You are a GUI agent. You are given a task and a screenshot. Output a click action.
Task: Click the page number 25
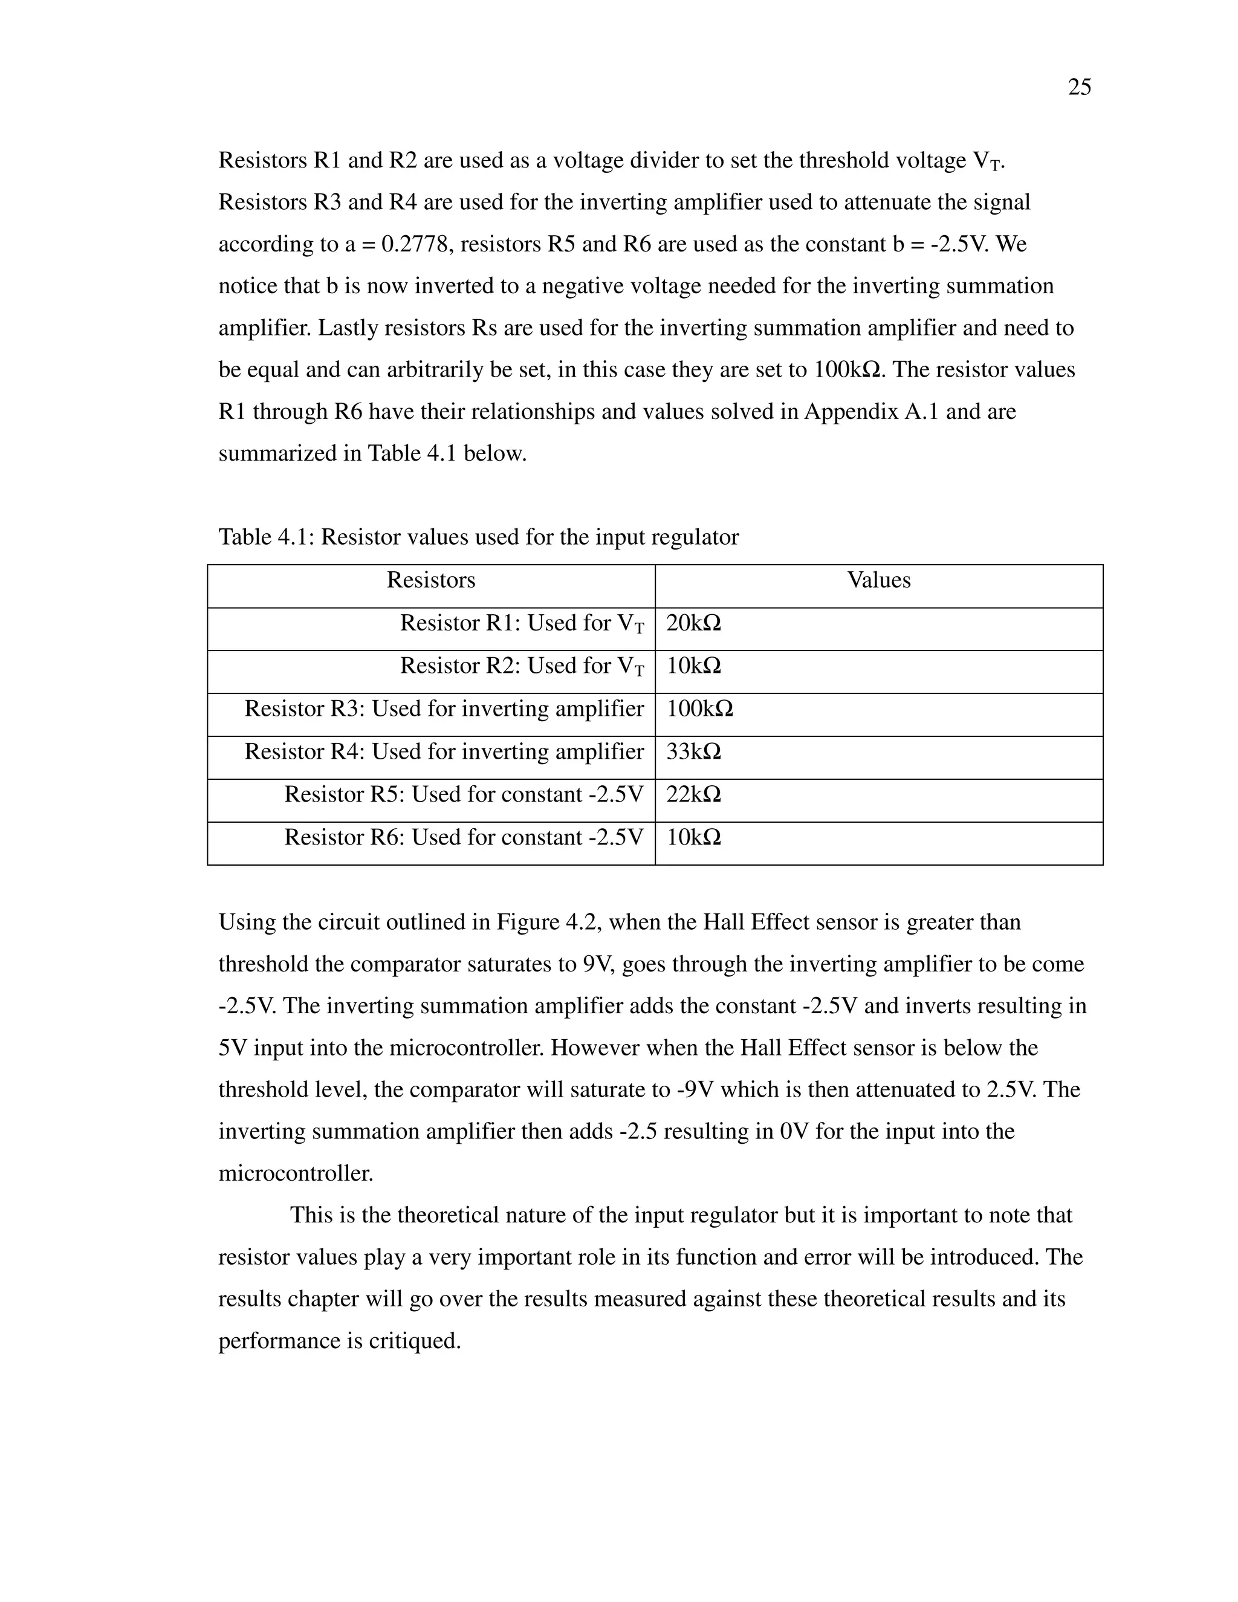coord(1079,87)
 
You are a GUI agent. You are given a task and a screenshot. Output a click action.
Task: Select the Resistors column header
coord(430,580)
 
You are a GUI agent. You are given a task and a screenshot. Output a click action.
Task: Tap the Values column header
coord(878,580)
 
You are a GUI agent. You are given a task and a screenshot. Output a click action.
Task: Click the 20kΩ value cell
coord(693,623)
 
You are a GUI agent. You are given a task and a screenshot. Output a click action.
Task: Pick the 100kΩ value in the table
coord(699,709)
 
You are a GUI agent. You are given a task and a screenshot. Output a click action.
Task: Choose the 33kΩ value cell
coord(693,752)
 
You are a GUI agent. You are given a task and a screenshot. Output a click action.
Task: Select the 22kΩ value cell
coord(693,794)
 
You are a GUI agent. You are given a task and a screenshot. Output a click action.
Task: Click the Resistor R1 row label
coord(522,623)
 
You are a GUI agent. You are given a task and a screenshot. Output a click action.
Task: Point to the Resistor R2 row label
coord(522,666)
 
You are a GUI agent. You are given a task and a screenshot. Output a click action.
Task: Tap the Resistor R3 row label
coord(444,709)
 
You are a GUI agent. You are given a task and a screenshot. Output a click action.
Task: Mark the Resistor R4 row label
coord(444,752)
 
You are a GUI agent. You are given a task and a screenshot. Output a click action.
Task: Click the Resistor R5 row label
coord(464,794)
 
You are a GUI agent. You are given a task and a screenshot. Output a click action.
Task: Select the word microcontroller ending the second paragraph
coord(296,1173)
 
